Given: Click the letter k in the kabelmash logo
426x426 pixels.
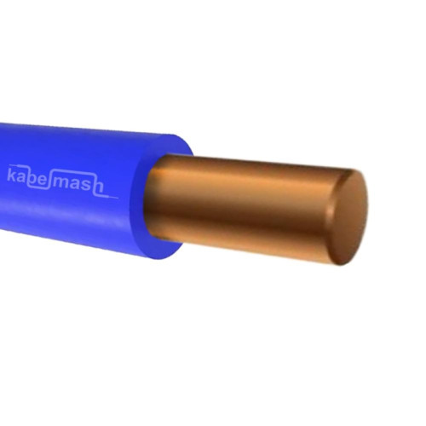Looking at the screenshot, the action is (12, 175).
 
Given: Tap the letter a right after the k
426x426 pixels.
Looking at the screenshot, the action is (22, 178).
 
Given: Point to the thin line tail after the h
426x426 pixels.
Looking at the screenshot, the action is (111, 197).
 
